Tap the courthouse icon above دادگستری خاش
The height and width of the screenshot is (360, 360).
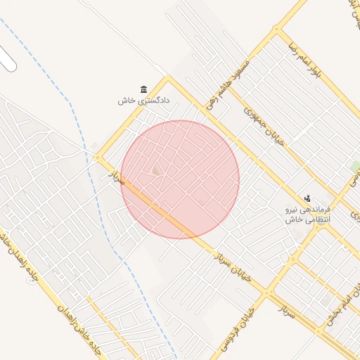(x=144, y=89)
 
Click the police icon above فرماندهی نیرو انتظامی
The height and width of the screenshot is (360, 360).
(x=307, y=200)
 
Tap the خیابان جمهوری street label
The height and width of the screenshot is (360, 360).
(x=263, y=126)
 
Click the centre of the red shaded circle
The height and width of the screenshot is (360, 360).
(x=180, y=179)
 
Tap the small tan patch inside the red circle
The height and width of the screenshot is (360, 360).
(x=156, y=170)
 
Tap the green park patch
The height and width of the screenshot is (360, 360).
(x=355, y=167)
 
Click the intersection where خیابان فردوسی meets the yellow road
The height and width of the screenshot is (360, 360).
(x=267, y=292)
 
